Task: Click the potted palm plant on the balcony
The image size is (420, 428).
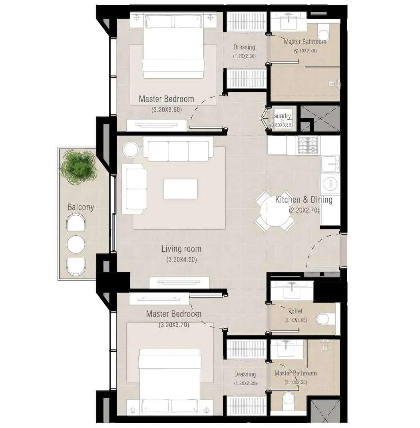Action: point(79,167)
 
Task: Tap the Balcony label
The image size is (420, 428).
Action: point(81,207)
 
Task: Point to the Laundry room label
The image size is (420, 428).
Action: point(281,116)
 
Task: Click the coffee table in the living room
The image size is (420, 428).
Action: point(180,189)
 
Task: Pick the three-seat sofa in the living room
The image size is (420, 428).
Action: point(178,151)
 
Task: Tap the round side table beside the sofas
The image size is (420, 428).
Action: point(131,150)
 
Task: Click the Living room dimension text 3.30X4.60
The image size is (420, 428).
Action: point(181,259)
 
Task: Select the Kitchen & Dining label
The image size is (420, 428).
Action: point(304,200)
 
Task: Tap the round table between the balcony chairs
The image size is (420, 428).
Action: point(76,244)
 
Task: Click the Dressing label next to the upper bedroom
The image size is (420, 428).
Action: point(244,47)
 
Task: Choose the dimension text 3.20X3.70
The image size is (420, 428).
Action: point(174,325)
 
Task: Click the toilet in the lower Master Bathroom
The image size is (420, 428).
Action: point(288,401)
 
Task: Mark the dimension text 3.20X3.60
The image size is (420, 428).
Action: point(167,109)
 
